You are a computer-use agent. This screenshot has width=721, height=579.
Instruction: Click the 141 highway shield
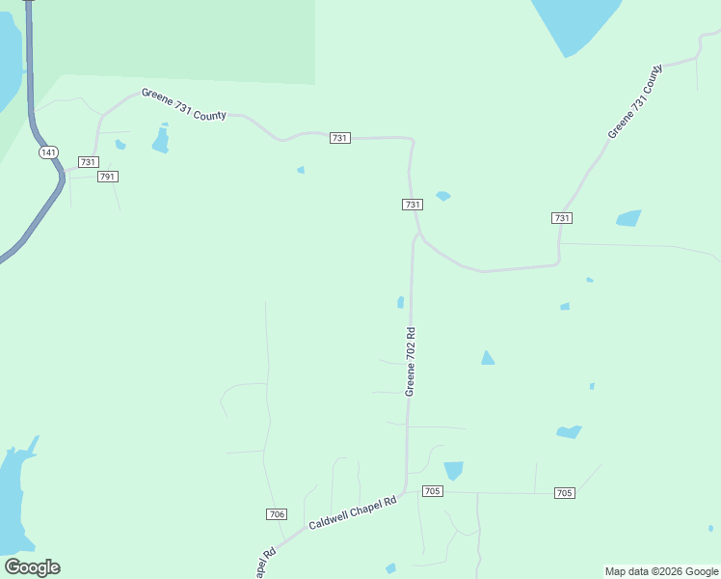(x=48, y=152)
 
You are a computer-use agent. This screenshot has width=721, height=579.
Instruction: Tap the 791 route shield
(x=108, y=177)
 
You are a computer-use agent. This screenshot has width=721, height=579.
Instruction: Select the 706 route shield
(x=277, y=514)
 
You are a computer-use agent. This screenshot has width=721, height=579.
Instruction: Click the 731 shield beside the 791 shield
(x=89, y=162)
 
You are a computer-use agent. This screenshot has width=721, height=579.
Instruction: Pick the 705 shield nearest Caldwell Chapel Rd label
(x=432, y=491)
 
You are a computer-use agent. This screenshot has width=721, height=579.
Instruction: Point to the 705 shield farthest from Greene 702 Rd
(x=565, y=493)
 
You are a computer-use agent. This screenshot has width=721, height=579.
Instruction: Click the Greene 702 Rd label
(x=411, y=362)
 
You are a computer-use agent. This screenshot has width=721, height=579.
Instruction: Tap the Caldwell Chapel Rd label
(x=353, y=513)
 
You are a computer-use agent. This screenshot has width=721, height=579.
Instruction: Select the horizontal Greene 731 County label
(x=183, y=104)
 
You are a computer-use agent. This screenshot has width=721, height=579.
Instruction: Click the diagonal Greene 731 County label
(x=636, y=101)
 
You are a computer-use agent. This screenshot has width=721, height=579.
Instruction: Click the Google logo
(x=32, y=567)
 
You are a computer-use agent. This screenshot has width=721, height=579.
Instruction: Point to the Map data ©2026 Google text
(x=661, y=571)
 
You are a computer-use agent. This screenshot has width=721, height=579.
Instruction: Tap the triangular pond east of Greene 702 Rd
(x=488, y=358)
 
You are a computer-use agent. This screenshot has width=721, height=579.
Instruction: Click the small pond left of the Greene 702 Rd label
(x=400, y=302)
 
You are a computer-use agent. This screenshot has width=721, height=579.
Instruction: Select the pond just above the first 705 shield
(x=453, y=470)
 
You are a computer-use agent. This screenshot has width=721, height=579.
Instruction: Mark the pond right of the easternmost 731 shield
(x=628, y=218)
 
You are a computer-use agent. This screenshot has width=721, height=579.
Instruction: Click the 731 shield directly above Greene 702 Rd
(x=413, y=205)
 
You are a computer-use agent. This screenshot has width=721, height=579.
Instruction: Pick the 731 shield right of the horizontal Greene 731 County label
(x=339, y=138)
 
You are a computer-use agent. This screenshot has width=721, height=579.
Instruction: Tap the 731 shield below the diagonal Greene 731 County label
(x=562, y=218)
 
